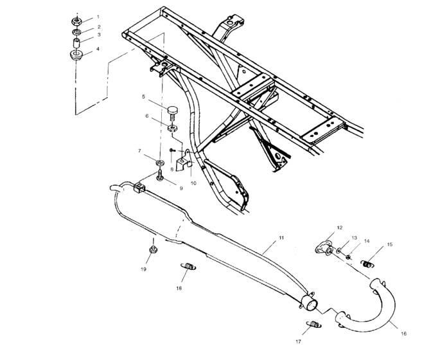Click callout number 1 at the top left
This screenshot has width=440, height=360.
pos(98,16)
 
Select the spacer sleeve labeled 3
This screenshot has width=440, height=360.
pos(76,43)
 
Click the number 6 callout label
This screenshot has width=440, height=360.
pos(147,116)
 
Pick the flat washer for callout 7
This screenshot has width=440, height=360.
pos(159,158)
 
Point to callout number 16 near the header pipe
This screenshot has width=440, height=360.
pos(403,334)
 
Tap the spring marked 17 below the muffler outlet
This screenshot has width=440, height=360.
pos(313,325)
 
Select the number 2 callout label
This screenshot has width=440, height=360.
pos(98,27)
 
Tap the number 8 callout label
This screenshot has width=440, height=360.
pos(172,169)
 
